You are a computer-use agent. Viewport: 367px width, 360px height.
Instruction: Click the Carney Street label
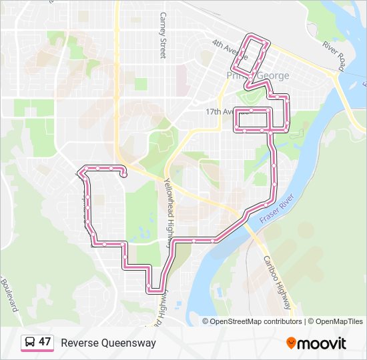pyautogui.click(x=161, y=37)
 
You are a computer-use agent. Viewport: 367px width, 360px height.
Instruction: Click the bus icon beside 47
pyautogui.click(x=30, y=343)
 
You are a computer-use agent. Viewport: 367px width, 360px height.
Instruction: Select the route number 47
pyautogui.click(x=45, y=343)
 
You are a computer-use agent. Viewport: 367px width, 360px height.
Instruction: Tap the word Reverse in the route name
pyautogui.click(x=79, y=343)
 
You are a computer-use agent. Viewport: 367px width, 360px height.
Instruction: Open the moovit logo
pyautogui.click(x=316, y=343)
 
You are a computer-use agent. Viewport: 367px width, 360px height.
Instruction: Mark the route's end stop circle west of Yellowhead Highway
pyautogui.click(x=124, y=176)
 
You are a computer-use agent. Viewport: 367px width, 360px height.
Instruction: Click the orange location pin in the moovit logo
pyautogui.click(x=291, y=343)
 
